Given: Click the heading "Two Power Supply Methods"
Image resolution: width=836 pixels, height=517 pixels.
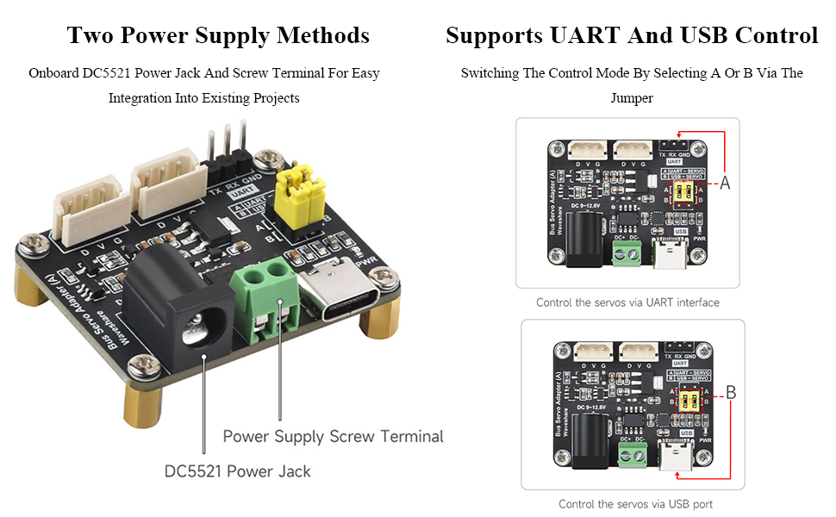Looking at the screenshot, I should tap(218, 35).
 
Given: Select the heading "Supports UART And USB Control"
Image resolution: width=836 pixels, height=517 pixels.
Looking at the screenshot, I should tap(631, 35).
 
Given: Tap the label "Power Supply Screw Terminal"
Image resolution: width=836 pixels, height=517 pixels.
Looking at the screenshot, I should tap(333, 436).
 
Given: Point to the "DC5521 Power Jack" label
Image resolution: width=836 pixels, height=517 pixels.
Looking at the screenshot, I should tap(237, 471).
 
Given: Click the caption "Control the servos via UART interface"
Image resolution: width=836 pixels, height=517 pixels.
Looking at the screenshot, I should tap(627, 302).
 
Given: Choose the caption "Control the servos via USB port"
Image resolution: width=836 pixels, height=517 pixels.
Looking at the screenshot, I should tap(635, 504).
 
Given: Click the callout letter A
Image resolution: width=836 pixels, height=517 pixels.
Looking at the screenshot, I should tap(725, 183).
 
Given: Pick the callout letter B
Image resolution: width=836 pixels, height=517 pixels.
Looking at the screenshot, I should tap(730, 393).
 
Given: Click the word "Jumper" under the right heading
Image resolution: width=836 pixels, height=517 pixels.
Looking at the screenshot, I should tap(632, 98).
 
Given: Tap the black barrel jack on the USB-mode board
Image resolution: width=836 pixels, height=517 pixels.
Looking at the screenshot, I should tap(590, 434).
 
